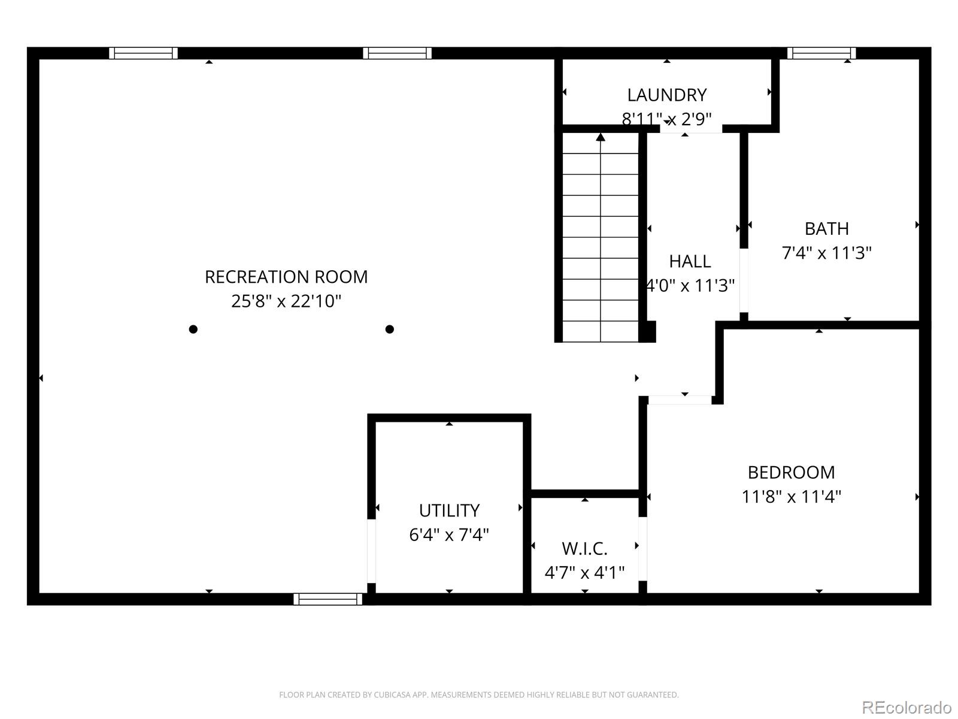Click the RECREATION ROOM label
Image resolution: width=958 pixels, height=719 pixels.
click(x=286, y=277)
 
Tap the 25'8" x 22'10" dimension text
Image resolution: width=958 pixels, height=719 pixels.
click(x=286, y=301)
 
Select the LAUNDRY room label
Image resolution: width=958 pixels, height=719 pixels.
click(x=666, y=95)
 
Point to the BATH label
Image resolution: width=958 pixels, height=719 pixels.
click(x=826, y=229)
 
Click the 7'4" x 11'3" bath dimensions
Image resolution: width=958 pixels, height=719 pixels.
click(x=826, y=253)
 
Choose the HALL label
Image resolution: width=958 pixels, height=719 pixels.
click(x=690, y=261)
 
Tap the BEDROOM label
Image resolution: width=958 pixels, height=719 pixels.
click(x=791, y=472)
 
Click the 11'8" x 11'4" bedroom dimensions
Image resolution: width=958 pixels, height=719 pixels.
click(x=791, y=497)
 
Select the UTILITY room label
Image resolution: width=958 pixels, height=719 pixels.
click(x=449, y=510)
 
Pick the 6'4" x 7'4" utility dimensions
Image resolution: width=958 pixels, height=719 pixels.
click(x=449, y=534)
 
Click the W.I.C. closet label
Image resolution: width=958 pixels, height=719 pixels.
click(x=584, y=548)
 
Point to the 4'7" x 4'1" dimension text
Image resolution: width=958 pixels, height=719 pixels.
click(x=584, y=573)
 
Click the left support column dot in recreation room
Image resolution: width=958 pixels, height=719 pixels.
click(x=193, y=329)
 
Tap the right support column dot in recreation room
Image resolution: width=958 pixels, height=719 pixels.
click(x=389, y=329)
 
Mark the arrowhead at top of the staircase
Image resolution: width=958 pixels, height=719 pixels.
click(x=601, y=137)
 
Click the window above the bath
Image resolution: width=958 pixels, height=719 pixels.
click(x=821, y=53)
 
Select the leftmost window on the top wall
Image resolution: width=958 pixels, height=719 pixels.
click(x=143, y=53)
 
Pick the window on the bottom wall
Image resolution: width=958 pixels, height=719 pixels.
click(x=328, y=599)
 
